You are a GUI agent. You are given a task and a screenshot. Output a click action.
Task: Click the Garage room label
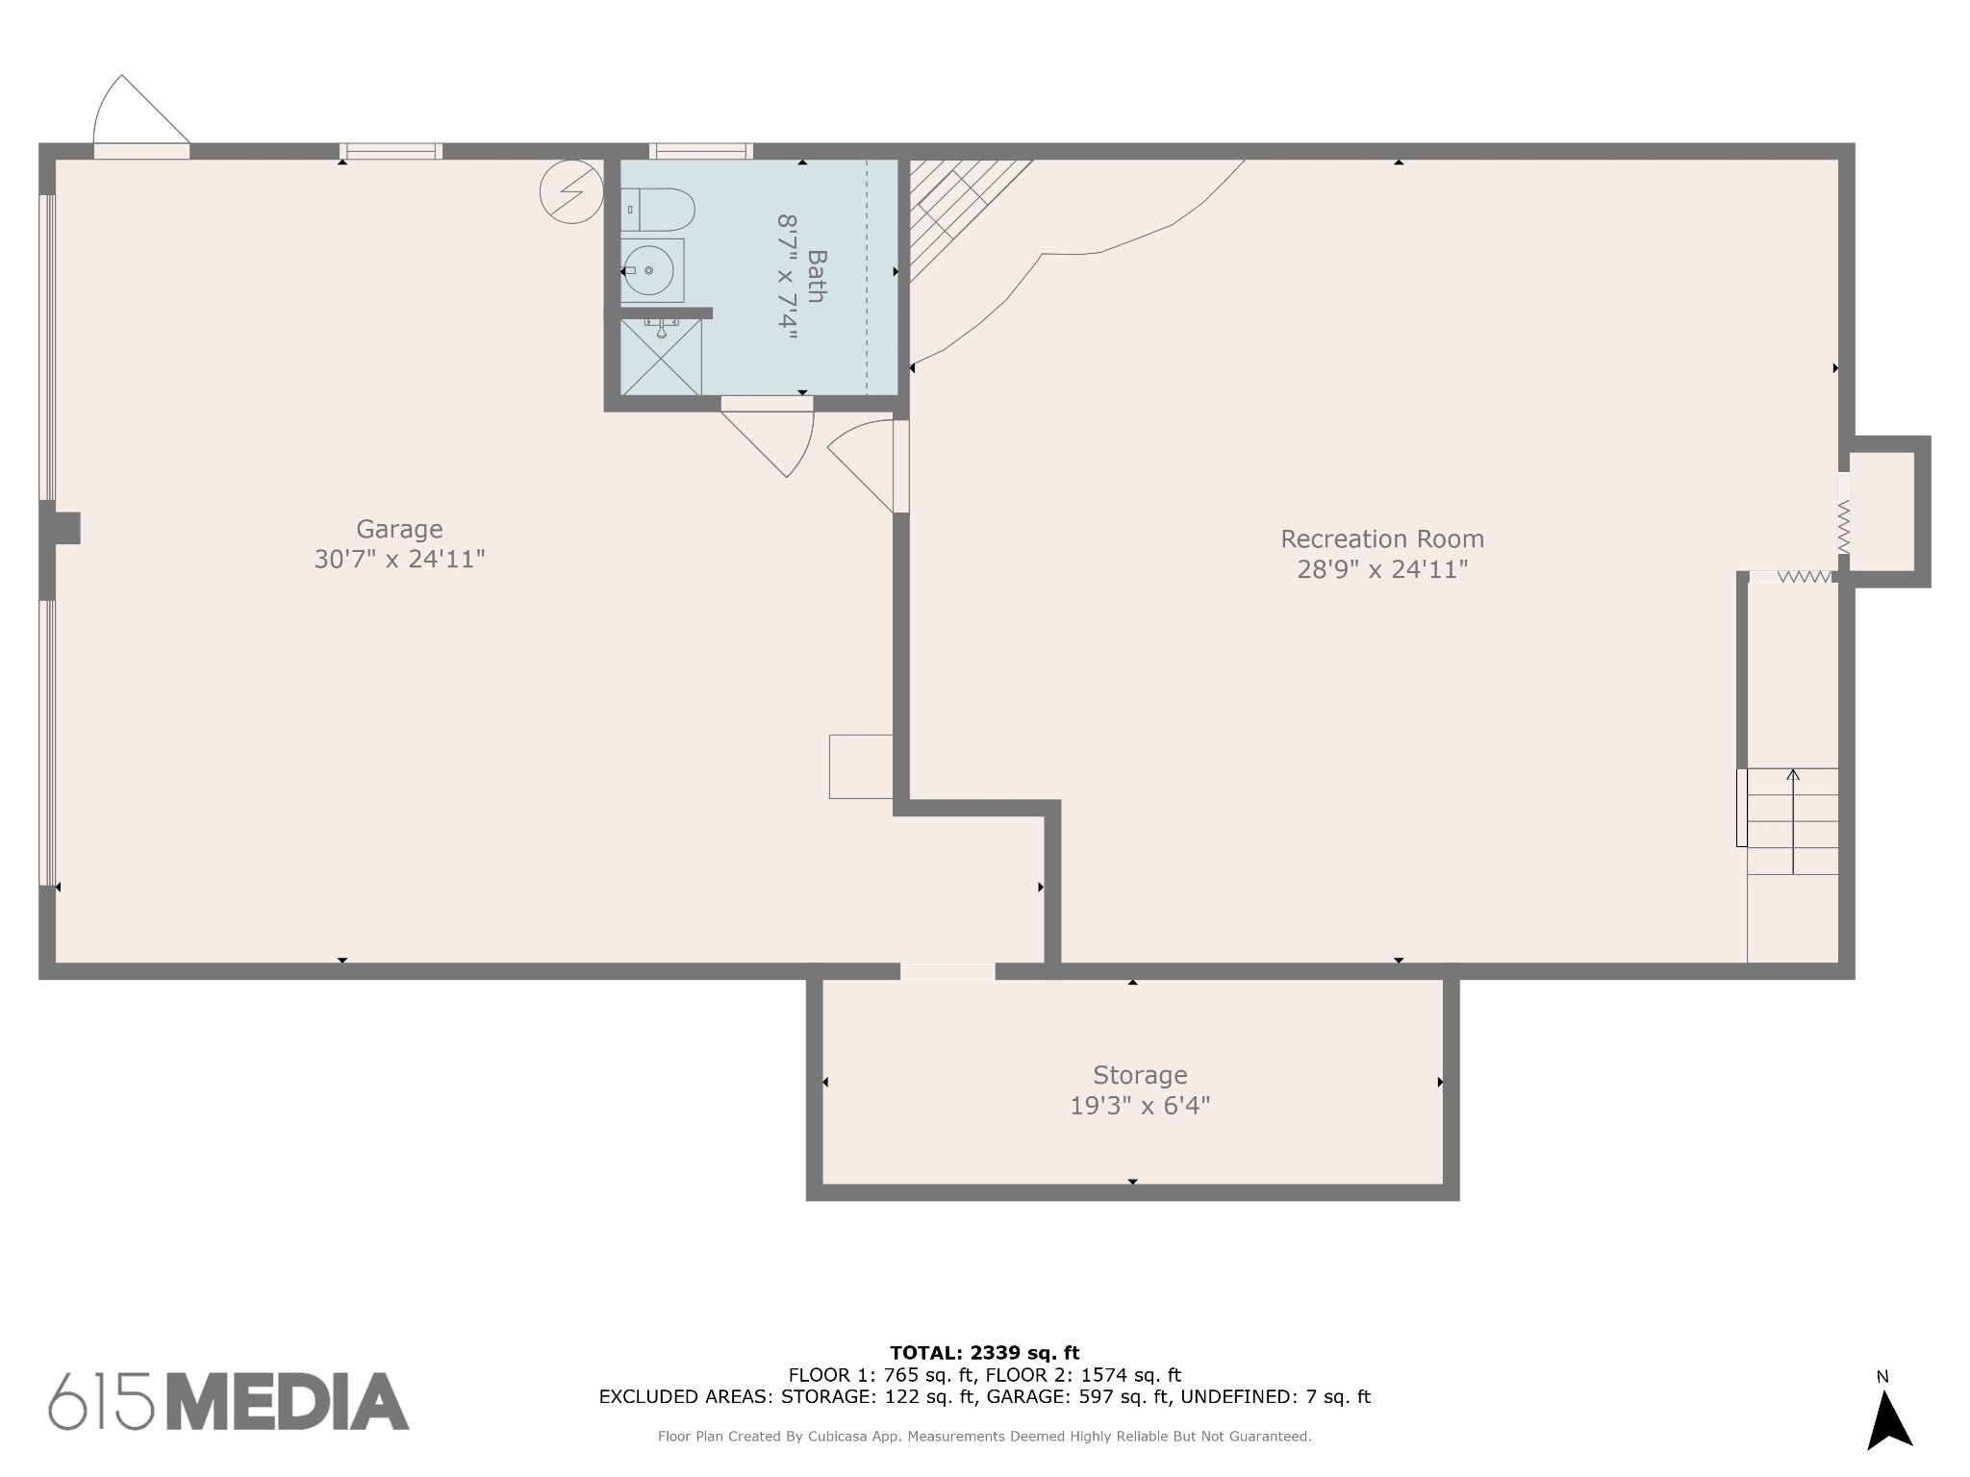point(399,529)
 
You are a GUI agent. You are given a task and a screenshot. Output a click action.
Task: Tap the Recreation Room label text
point(1382,538)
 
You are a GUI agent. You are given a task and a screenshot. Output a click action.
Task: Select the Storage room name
point(1140,1075)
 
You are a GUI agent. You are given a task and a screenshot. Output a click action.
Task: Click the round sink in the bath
point(648,271)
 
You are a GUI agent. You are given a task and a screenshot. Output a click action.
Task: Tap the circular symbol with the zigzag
point(571,191)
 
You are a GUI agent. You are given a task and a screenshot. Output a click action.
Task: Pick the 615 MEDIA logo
point(229,1401)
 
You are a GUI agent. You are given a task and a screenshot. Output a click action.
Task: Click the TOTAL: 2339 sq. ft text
point(984,1353)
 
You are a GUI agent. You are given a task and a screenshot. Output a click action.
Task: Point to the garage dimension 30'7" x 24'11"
point(399,560)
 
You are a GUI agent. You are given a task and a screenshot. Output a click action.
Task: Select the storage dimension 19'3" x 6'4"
point(1140,1106)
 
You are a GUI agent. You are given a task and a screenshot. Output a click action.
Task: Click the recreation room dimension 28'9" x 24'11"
point(1382,569)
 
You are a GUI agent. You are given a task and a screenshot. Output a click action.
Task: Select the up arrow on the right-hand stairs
point(1792,821)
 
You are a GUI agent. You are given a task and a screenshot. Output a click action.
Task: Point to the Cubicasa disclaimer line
point(984,1437)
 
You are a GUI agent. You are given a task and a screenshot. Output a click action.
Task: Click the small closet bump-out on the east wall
point(1889,512)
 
